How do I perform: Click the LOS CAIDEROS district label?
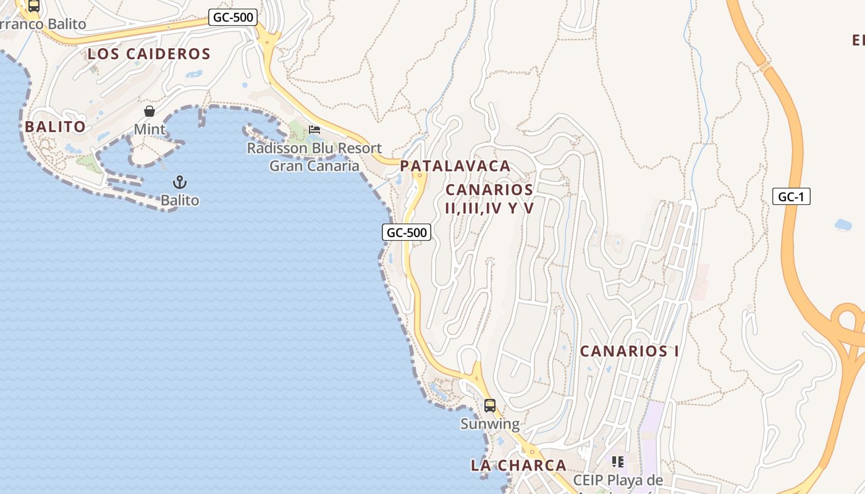coord(149,54)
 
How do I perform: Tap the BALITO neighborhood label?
coord(56,127)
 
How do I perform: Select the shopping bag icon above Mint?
coord(150,112)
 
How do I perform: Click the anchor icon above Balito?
coord(180,182)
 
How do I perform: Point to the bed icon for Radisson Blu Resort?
coord(314,130)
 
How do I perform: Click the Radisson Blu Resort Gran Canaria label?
coord(314,157)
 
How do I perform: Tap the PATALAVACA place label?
coord(455,166)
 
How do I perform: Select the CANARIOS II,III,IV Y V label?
coord(489,199)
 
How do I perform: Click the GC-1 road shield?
coord(791,197)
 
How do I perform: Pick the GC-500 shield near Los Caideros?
coord(232,17)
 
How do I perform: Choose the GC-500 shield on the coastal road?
coord(406,232)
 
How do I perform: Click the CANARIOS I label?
coord(630,351)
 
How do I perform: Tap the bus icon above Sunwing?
coord(490,406)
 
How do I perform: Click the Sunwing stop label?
coord(490,424)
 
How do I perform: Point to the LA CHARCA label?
coord(518,466)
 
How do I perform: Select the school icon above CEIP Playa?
coord(617,461)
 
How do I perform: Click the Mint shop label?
coord(150,129)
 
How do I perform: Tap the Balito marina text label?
coord(180,200)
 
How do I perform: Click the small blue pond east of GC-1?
coord(843,225)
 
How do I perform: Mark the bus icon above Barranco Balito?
coord(34,6)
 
